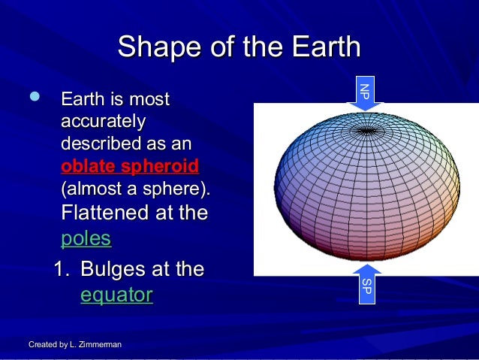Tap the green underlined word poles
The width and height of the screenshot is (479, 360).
click(86, 239)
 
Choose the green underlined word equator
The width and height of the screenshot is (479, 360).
click(116, 295)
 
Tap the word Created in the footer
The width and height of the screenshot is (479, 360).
click(44, 344)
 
